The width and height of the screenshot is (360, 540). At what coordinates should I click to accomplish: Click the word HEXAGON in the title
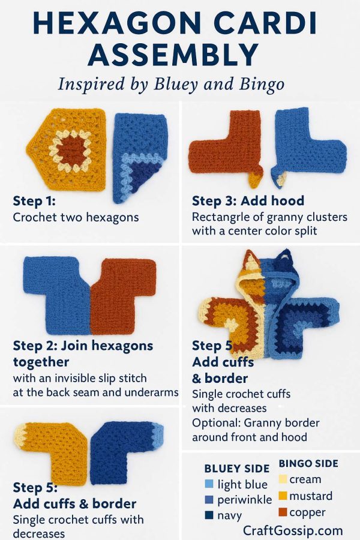click(x=117, y=23)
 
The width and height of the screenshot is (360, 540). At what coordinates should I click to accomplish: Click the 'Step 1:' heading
click(x=34, y=200)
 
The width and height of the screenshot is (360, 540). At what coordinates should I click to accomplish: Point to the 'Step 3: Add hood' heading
click(x=248, y=200)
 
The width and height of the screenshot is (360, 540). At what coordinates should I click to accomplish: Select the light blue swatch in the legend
click(x=209, y=484)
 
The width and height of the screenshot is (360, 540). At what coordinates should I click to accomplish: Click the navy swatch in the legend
click(x=209, y=515)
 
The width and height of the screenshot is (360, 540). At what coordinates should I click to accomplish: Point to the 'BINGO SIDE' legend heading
click(x=308, y=464)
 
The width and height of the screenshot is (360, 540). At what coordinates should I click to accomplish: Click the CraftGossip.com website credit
click(x=293, y=531)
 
